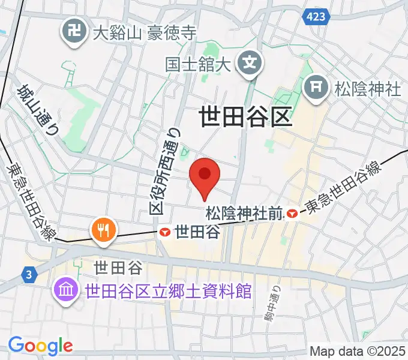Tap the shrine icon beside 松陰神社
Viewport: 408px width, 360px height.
[316, 89]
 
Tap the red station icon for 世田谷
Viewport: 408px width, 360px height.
[165, 232]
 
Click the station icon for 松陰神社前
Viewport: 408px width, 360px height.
[292, 212]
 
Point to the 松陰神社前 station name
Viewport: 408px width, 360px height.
[244, 213]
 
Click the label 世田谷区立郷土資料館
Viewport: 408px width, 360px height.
[168, 292]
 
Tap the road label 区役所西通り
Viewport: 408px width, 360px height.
[164, 170]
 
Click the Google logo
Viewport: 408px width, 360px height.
[40, 345]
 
